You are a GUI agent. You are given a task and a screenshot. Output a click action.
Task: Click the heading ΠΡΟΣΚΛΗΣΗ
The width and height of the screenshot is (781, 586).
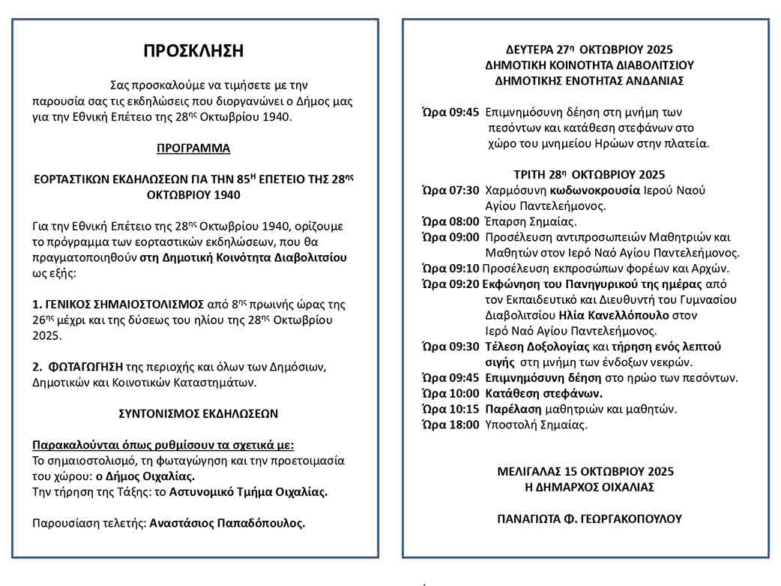193,51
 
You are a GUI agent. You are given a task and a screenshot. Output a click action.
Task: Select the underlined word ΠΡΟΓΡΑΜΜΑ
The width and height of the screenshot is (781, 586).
193,149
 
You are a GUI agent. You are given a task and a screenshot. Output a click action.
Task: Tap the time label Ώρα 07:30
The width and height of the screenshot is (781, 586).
450,191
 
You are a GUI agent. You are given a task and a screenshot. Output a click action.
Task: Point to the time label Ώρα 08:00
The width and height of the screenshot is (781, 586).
450,221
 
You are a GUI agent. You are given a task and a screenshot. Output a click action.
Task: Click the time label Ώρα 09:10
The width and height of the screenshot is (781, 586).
450,268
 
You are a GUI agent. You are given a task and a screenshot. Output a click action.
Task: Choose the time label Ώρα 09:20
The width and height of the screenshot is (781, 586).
450,284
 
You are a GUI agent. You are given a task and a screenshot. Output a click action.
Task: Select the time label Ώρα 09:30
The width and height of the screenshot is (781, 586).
450,346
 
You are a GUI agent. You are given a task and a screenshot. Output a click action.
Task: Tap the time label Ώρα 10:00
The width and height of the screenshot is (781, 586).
450,393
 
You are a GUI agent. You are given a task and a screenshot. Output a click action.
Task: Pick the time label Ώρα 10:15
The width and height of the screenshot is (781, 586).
450,409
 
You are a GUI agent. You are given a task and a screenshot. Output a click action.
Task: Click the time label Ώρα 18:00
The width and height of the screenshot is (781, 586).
450,425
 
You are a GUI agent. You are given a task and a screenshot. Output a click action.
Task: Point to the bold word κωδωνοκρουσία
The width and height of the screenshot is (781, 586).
595,191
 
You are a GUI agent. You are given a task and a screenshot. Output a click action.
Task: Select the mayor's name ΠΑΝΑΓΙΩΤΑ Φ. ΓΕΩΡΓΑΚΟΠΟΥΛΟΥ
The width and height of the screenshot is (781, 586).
589,518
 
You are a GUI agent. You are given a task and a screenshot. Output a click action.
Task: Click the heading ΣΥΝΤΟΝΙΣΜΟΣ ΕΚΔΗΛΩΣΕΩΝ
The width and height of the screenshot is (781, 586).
199,413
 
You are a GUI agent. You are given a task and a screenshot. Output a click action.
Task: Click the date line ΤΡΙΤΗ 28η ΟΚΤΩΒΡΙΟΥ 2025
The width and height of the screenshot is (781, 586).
589,175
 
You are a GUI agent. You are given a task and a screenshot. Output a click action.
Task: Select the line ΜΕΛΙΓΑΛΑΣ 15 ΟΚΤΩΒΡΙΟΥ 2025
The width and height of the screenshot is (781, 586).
585,471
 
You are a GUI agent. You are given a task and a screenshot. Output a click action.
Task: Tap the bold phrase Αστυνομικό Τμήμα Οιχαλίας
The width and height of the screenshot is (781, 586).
248,492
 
